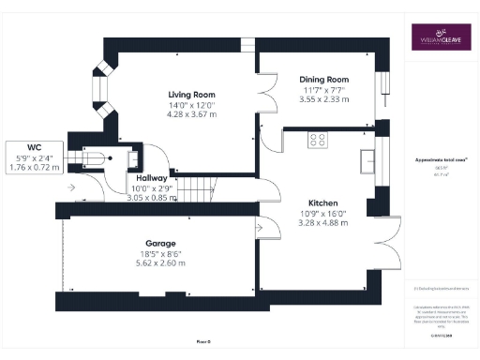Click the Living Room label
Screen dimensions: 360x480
coord(191,96)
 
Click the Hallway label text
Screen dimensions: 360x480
coord(152,177)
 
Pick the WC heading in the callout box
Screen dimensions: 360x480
coord(35,147)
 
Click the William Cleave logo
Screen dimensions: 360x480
coord(440,40)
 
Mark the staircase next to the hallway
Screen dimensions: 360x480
coord(195,186)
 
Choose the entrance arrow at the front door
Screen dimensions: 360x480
coord(70,186)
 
